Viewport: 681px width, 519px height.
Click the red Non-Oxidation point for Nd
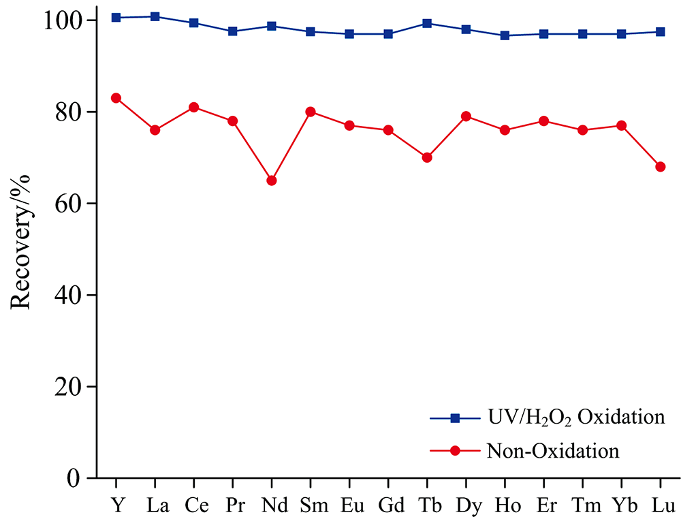coord(272,180)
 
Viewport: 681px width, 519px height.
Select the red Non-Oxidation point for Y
coord(116,98)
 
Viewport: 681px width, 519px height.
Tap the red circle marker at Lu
coord(660,167)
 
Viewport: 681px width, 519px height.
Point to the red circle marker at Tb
coord(427,157)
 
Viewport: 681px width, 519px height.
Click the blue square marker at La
coord(155,16)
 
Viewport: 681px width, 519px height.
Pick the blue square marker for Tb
coord(427,23)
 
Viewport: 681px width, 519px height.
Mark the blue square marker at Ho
coord(505,35)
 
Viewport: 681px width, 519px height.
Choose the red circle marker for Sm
coord(311,112)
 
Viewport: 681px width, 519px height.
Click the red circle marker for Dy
coord(466,116)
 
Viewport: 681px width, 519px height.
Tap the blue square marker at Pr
coord(233,31)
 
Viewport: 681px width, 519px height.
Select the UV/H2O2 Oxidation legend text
coord(575,416)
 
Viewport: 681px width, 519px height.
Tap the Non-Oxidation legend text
coord(552,451)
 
